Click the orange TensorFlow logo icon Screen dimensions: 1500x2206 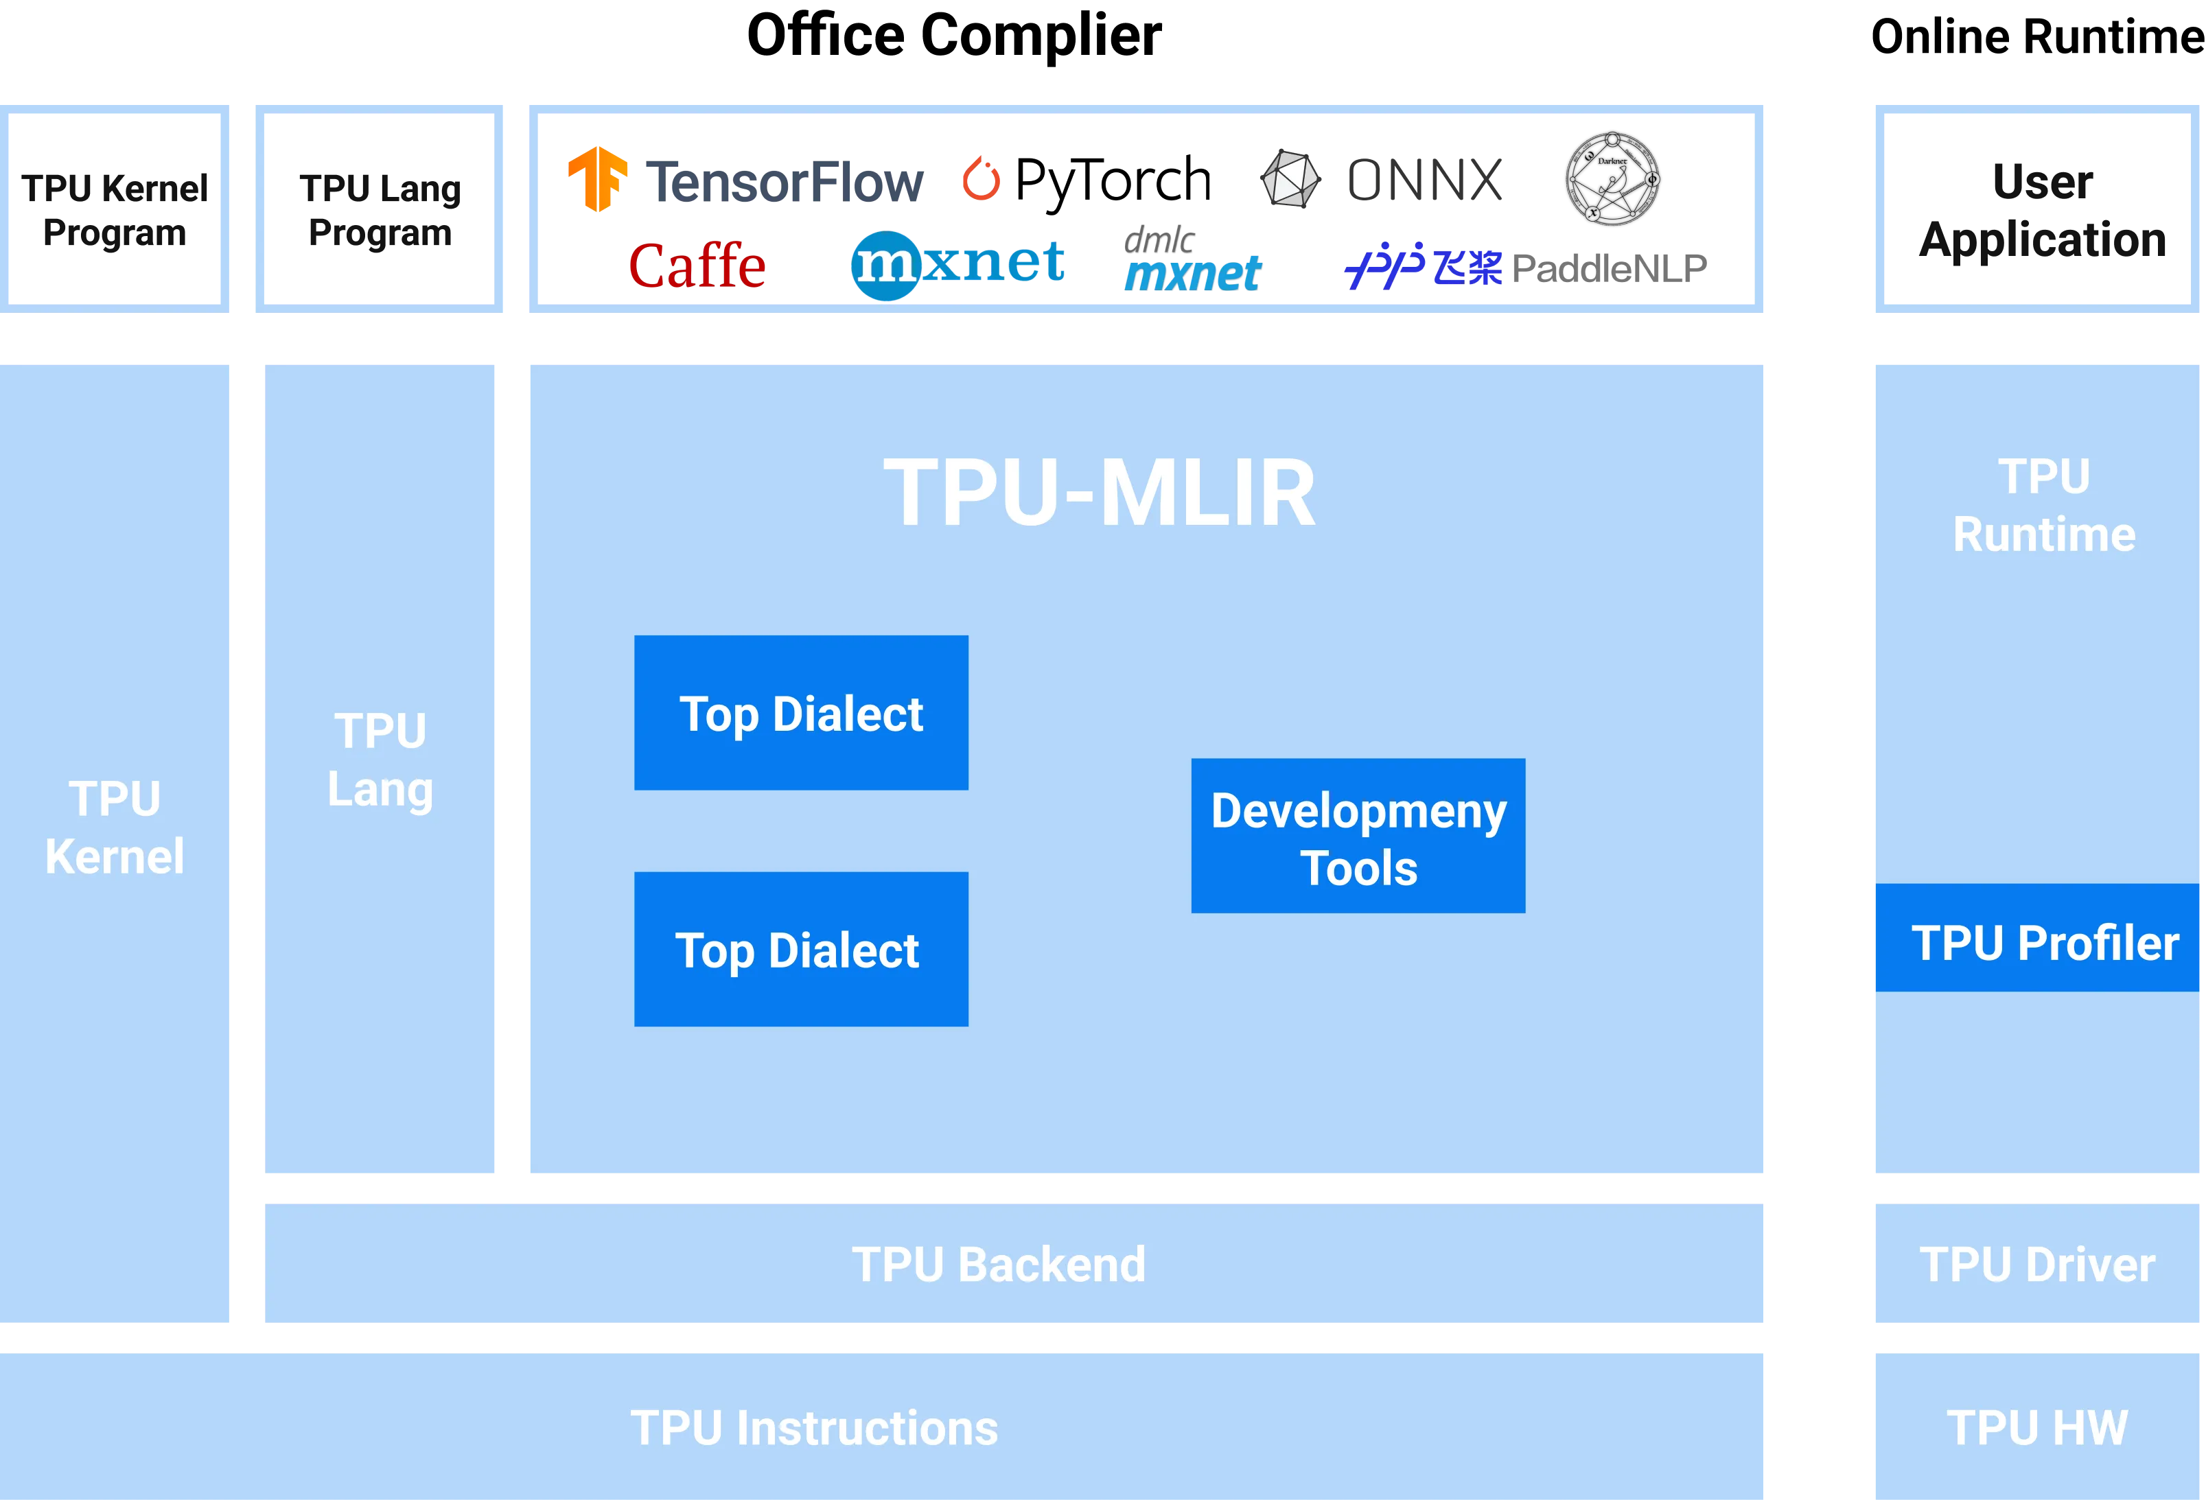coord(598,178)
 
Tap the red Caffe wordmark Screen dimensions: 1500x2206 coord(697,265)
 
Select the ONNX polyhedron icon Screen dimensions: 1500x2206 coord(1289,178)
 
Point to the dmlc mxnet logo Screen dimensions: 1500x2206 coord(1192,259)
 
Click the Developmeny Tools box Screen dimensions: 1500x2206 coord(1358,836)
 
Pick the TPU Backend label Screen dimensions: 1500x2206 coord(999,1264)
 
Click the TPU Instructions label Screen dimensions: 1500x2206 coord(815,1427)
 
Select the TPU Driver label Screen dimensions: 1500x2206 coord(2037,1264)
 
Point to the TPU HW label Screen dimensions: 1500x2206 coord(2037,1427)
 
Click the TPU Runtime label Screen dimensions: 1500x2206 coord(2044,505)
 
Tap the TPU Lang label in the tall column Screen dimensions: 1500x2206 coord(381,760)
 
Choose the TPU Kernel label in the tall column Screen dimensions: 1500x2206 coord(115,828)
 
